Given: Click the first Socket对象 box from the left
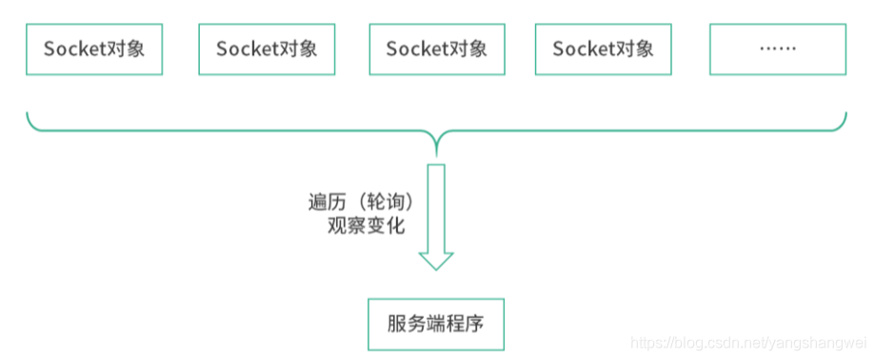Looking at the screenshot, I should coord(94,49).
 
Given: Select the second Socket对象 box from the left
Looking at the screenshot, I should coord(267,49).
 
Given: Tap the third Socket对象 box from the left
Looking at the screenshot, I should coord(436,49).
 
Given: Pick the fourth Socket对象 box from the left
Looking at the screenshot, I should coord(604,49).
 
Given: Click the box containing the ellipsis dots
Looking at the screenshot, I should coord(777,49).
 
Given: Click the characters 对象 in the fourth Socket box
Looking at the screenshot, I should coord(638,49).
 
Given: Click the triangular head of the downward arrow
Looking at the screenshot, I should coord(436,260).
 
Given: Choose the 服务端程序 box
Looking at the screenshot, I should coord(436,324).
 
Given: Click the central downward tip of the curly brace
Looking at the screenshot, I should coord(436,152).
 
